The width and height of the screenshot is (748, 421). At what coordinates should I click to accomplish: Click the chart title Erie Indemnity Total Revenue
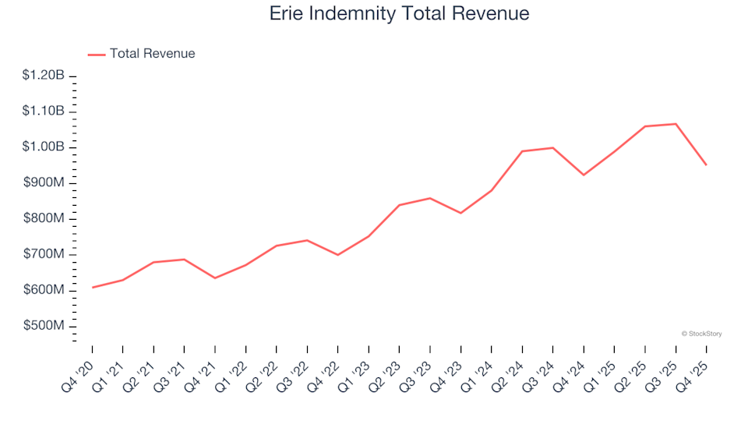(399, 14)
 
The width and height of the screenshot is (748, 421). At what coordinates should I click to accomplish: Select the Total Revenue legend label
(152, 54)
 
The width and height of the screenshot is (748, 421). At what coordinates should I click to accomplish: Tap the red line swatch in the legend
(97, 55)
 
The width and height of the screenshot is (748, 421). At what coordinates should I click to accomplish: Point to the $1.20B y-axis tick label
(43, 76)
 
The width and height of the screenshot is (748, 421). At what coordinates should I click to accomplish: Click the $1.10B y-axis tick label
(43, 111)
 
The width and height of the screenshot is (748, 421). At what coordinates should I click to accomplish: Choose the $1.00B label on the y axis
(43, 147)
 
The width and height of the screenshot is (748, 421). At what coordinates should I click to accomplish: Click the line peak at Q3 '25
(676, 124)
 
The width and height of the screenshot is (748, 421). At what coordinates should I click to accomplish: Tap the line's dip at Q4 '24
(584, 175)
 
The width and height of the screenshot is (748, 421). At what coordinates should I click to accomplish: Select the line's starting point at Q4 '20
(93, 288)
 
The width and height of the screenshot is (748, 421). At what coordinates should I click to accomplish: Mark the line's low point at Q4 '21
(215, 278)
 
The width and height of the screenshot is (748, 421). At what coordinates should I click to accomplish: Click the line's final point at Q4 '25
(706, 165)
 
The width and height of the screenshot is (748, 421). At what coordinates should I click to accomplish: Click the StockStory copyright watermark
(701, 334)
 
